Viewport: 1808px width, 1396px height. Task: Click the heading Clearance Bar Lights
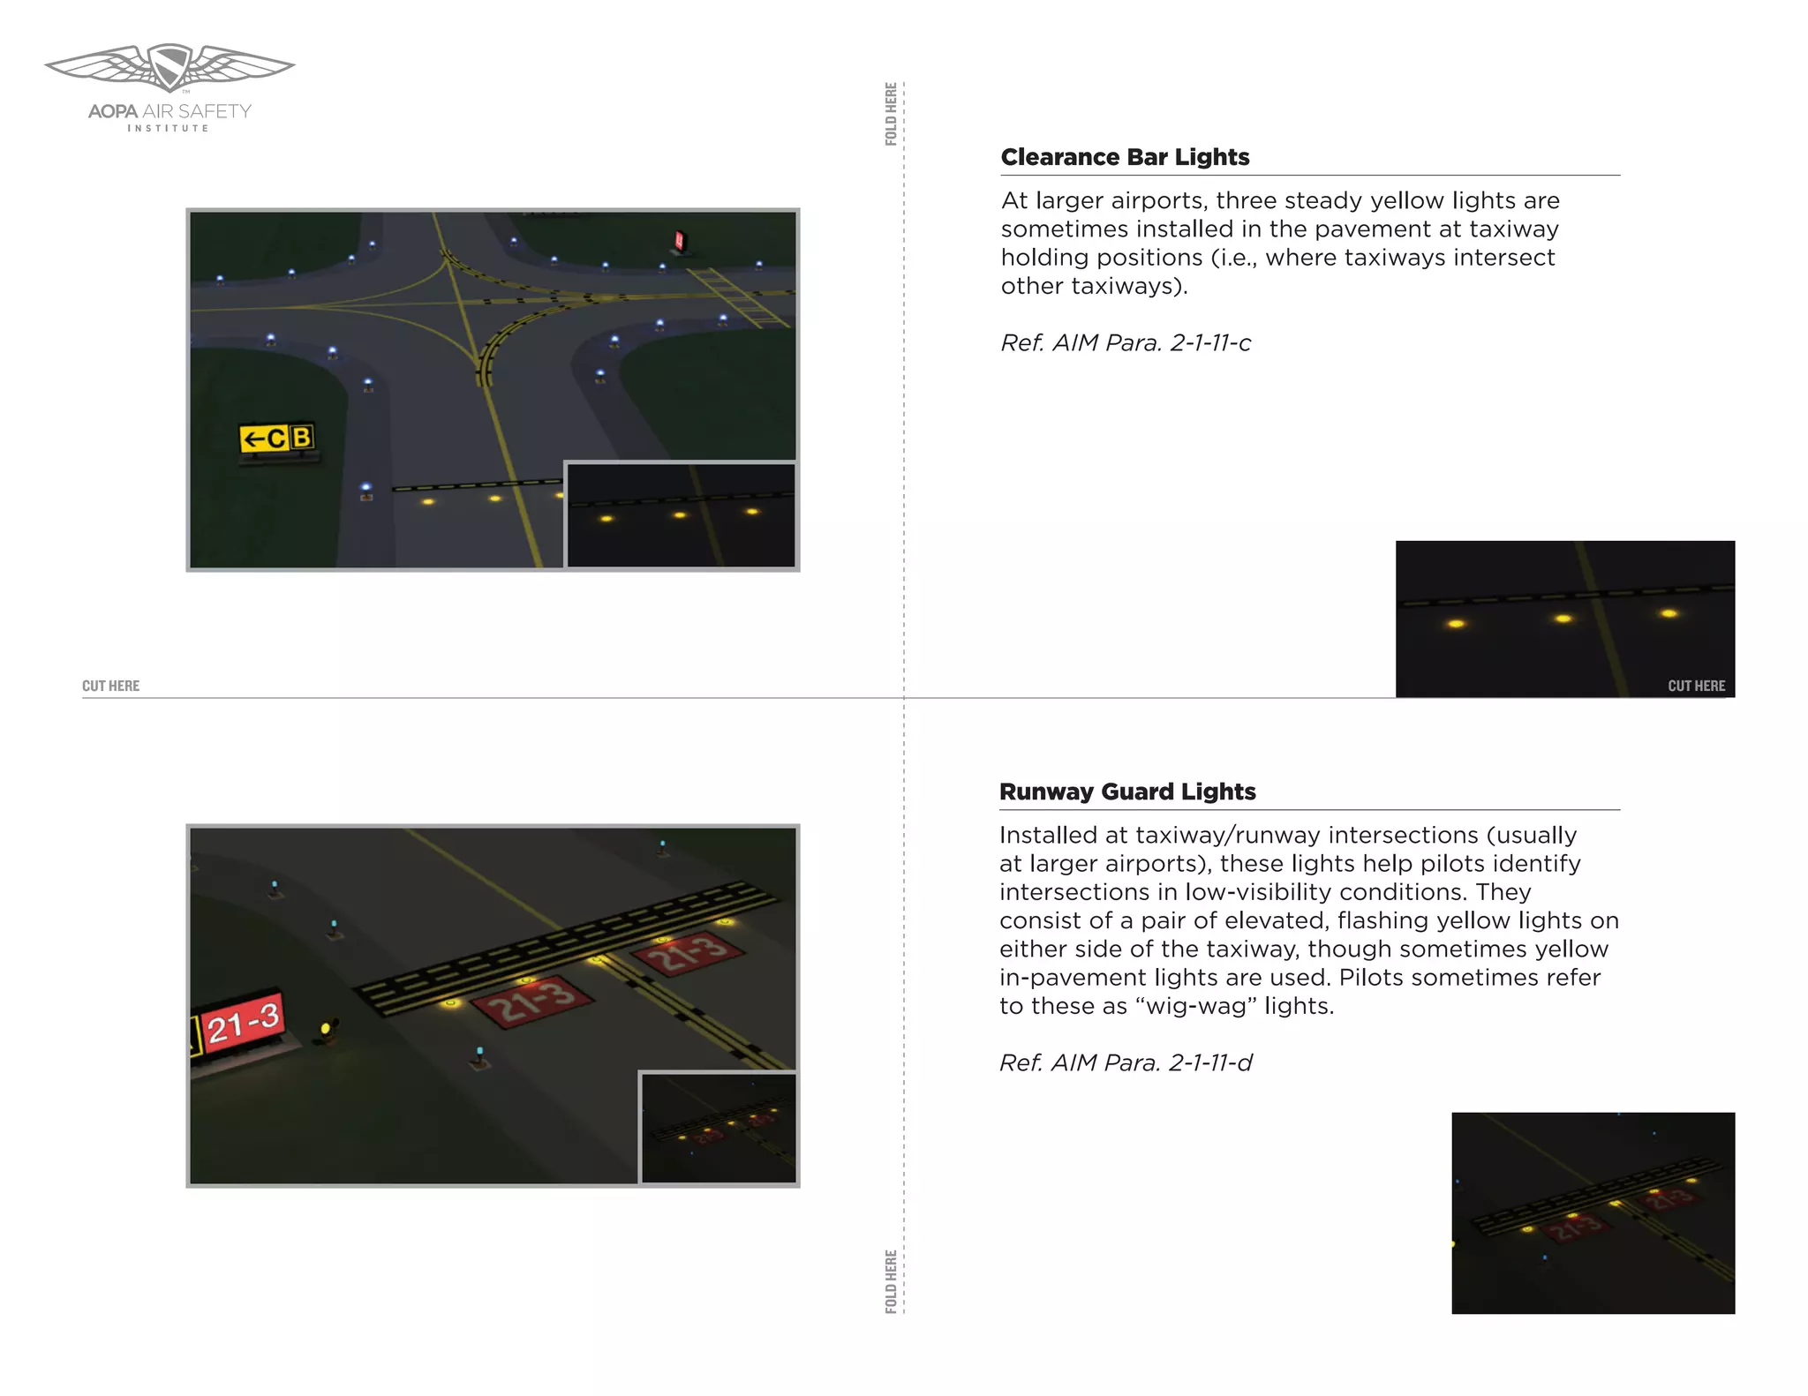tap(1125, 157)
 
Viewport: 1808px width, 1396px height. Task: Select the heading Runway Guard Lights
tap(1127, 792)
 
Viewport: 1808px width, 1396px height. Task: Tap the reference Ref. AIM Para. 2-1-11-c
tap(1126, 343)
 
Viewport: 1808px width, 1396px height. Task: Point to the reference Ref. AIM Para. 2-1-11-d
tap(1126, 1063)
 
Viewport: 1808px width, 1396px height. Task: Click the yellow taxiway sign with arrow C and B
tap(276, 438)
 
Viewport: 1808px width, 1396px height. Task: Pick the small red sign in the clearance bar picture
tap(679, 240)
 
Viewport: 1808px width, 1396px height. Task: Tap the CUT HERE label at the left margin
tap(110, 686)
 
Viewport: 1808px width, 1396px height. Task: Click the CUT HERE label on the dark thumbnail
tap(1696, 686)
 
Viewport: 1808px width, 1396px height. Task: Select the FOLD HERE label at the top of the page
tap(891, 114)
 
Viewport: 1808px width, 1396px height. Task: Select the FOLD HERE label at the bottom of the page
tap(891, 1280)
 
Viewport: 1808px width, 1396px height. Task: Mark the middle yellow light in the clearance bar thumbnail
tap(1563, 619)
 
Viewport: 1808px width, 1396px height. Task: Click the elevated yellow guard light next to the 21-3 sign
tap(326, 1029)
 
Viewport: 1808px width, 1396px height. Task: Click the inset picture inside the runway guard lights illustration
tap(719, 1128)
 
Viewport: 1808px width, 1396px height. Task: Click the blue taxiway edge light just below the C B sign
tap(365, 488)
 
